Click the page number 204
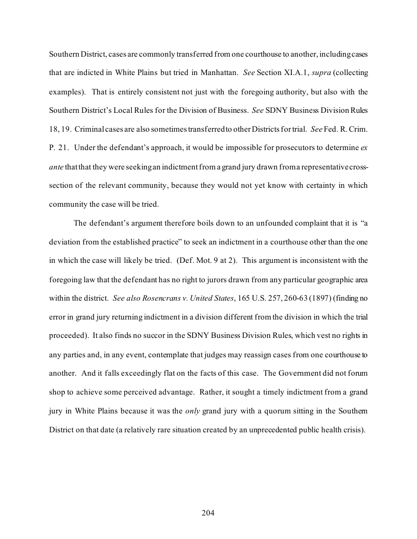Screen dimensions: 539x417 point(208,513)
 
